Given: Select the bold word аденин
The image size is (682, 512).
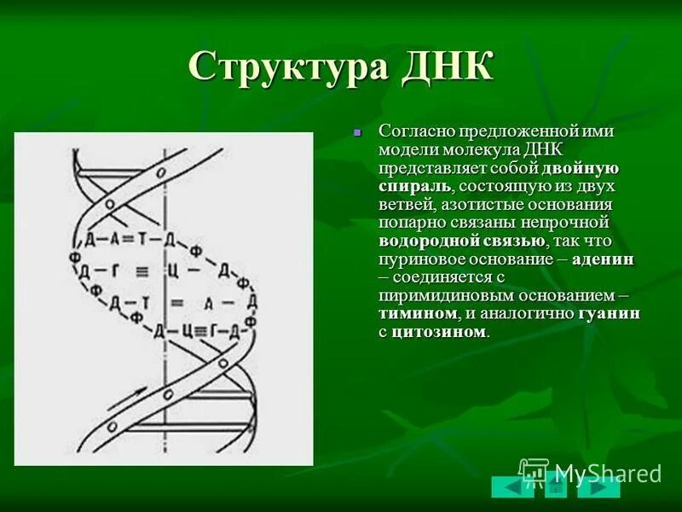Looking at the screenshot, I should point(603,259).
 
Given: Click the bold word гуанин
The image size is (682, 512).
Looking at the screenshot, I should point(609,314).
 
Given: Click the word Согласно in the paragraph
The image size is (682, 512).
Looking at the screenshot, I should point(415,131).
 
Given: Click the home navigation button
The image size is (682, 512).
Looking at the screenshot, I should point(556,487).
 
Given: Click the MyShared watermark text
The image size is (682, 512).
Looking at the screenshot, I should point(607,473).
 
